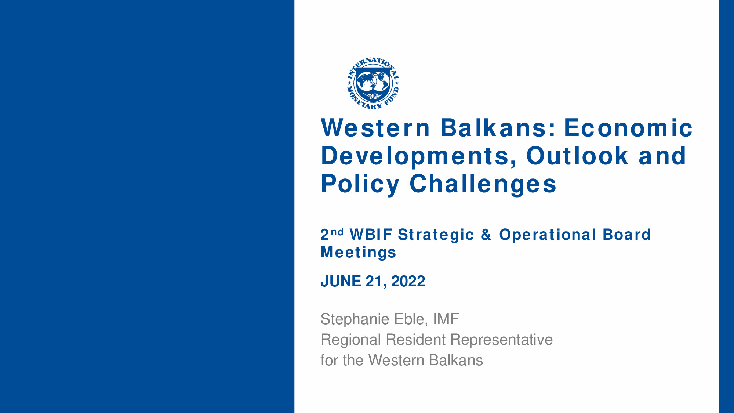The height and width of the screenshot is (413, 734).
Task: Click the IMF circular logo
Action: [x=373, y=83]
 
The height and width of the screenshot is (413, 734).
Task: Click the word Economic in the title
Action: [x=628, y=128]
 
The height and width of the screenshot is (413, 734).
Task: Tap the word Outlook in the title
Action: [x=578, y=156]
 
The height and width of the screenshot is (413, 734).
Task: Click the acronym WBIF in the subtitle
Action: [x=371, y=235]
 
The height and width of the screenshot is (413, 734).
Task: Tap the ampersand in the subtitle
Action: [x=486, y=235]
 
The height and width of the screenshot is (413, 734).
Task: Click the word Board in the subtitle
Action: [x=627, y=235]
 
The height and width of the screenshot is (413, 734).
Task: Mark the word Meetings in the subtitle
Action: [x=359, y=253]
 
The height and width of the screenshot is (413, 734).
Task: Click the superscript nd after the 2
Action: [x=337, y=232]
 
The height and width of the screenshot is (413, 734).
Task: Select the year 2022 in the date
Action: [x=408, y=281]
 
